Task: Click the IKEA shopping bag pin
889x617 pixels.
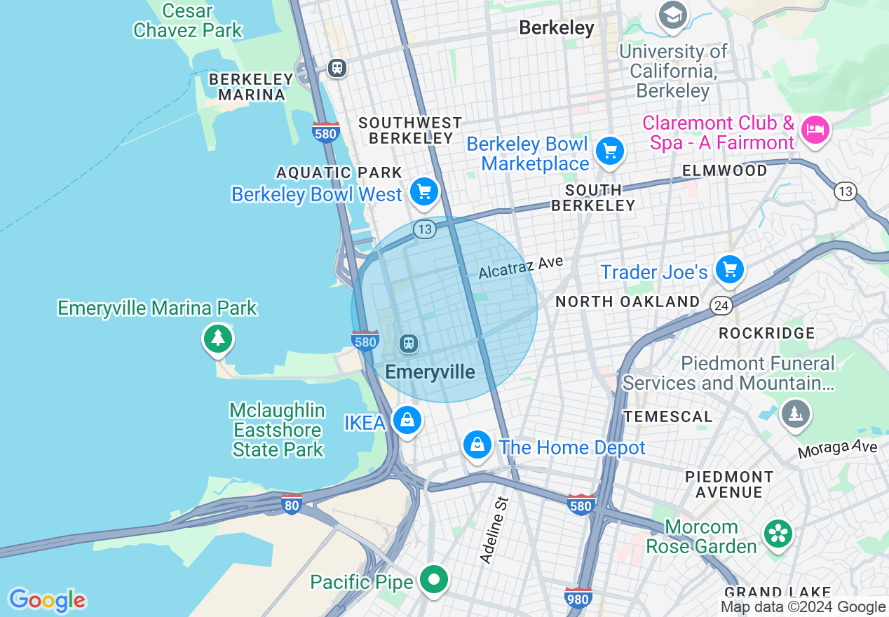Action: tap(407, 421)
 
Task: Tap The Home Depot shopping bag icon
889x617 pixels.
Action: tap(477, 445)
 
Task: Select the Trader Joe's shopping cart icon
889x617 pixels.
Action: tap(730, 269)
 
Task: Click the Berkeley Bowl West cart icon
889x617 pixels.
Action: tap(424, 191)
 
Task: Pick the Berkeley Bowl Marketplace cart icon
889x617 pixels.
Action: tap(610, 151)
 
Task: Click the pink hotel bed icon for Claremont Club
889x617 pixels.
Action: tap(815, 130)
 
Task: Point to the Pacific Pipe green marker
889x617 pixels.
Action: tap(435, 580)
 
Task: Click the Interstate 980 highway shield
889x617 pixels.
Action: tap(578, 597)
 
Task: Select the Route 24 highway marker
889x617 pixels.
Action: tap(721, 305)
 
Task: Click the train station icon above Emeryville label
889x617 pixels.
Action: tap(409, 344)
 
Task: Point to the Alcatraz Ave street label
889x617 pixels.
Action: tap(521, 267)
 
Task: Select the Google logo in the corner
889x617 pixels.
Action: tap(47, 600)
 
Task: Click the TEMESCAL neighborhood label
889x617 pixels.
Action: tap(667, 416)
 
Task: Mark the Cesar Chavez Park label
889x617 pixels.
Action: tap(187, 21)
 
